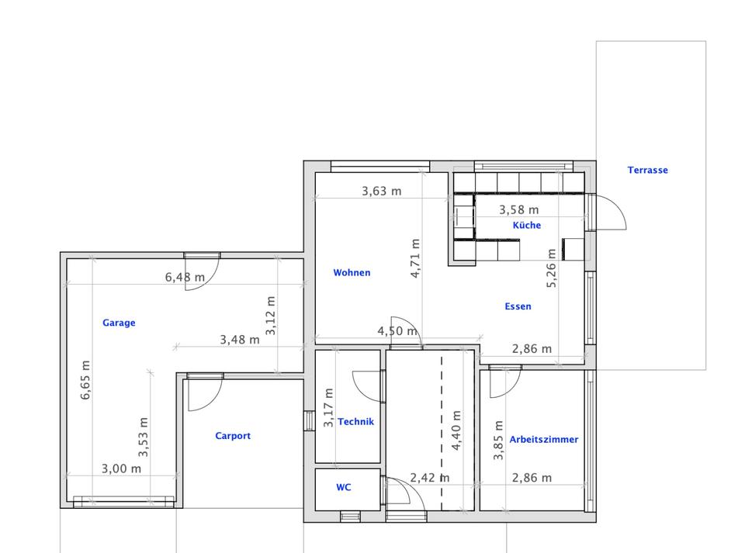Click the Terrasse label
click(x=647, y=170)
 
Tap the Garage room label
click(x=119, y=323)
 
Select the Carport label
click(x=233, y=436)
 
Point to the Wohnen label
click(x=352, y=272)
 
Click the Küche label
click(x=526, y=225)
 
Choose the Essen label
click(x=518, y=306)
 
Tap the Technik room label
click(x=356, y=421)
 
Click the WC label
click(x=344, y=487)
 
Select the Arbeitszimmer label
click(x=544, y=440)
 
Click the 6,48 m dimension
click(x=185, y=277)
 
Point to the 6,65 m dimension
click(x=85, y=380)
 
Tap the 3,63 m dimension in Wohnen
click(x=382, y=191)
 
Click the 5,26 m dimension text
click(x=551, y=268)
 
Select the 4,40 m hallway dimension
click(x=456, y=430)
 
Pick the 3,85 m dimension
click(x=498, y=440)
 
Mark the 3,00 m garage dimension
click(x=121, y=468)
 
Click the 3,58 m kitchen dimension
click(x=519, y=209)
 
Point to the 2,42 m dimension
click(x=429, y=478)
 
